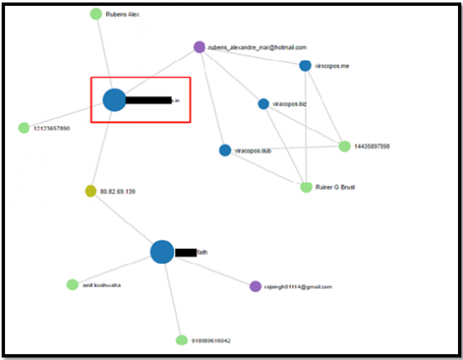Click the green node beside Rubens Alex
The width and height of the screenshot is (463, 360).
[x=96, y=13]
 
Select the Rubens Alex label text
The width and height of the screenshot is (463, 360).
[x=123, y=14]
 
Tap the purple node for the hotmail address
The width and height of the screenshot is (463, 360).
[x=200, y=47]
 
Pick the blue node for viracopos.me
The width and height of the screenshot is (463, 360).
[x=305, y=66]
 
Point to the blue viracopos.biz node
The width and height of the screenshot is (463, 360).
[x=263, y=103]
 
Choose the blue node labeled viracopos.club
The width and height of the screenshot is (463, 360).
[x=225, y=151]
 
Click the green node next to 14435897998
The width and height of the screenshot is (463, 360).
[x=344, y=146]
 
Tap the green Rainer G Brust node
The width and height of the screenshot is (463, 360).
[x=306, y=187]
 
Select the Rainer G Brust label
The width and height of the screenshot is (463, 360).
[x=335, y=188]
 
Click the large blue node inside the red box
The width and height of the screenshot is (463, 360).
[x=114, y=100]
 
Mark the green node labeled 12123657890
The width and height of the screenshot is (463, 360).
[x=24, y=128]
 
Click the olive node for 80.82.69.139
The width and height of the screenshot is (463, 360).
[x=91, y=191]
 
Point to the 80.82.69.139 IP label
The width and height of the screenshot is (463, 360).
[x=118, y=192]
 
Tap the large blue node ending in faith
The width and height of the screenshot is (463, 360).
[x=162, y=251]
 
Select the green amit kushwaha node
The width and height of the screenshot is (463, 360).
[x=72, y=284]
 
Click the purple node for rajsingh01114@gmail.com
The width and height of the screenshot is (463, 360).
[x=256, y=286]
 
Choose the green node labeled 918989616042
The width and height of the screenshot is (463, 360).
[x=181, y=340]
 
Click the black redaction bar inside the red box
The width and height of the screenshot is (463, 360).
[x=148, y=101]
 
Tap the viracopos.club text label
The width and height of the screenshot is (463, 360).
[x=253, y=151]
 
